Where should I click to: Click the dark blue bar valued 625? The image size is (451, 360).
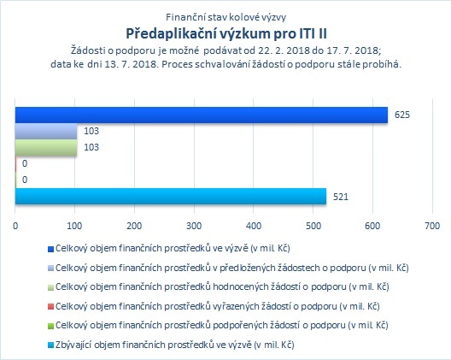tap(202, 115)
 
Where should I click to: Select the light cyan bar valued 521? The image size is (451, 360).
tap(171, 196)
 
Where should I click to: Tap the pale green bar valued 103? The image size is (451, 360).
tap(46, 148)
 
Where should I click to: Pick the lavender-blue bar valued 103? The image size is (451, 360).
tap(46, 132)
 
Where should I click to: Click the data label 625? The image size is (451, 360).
tap(402, 115)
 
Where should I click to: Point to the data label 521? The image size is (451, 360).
tap(341, 197)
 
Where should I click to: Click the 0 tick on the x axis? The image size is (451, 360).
tap(15, 226)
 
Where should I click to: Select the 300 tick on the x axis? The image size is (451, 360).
tap(194, 226)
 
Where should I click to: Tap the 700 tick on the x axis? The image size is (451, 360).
tap(432, 226)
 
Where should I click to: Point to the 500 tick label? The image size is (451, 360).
tap(313, 226)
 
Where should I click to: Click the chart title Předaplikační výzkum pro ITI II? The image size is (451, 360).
tap(226, 33)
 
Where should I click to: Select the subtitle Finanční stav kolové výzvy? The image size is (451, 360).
tap(226, 17)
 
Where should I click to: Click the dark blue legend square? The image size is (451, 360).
tap(50, 249)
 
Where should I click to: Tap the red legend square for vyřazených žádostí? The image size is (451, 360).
tap(50, 307)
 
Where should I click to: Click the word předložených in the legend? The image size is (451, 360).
tap(247, 269)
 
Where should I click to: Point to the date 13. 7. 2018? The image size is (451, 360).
tap(132, 64)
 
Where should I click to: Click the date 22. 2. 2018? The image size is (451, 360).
tap(284, 50)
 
